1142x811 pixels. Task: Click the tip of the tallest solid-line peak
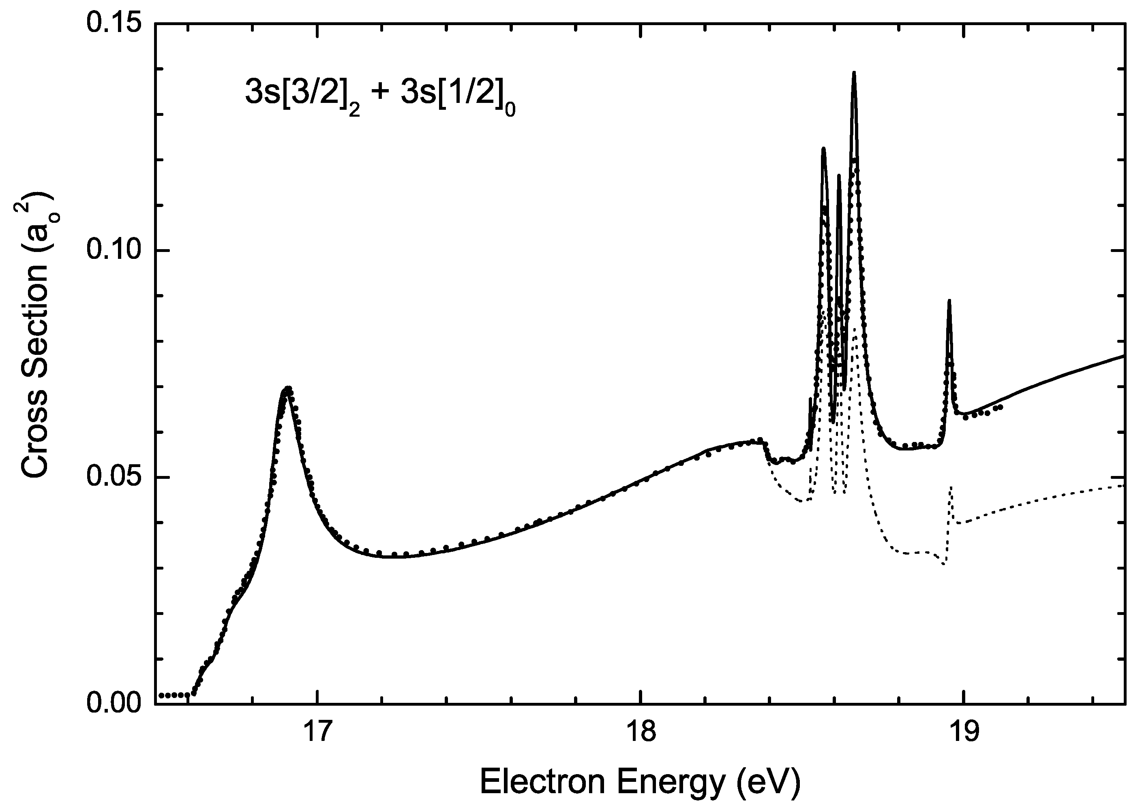click(x=854, y=73)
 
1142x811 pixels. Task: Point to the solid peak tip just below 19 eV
click(x=949, y=301)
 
